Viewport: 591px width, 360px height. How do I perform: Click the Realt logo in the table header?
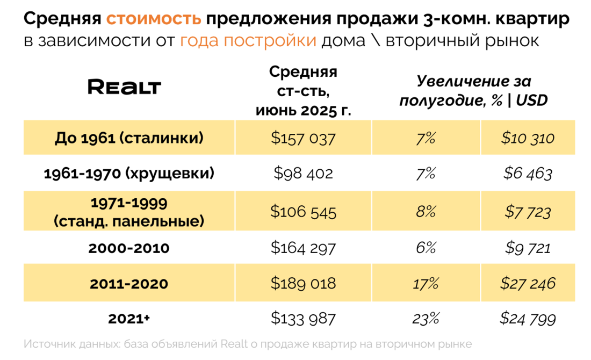point(124,87)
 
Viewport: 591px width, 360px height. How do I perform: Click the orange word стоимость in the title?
point(154,19)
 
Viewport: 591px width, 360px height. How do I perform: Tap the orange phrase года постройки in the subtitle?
point(248,41)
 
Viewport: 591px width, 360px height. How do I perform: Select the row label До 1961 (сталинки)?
point(129,138)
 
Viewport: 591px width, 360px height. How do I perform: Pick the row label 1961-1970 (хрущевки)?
point(129,174)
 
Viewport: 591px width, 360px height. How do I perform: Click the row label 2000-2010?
point(129,248)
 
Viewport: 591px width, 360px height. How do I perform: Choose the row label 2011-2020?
point(129,283)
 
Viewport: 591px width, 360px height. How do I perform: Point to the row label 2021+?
point(129,319)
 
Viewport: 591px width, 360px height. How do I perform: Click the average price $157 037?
point(303,138)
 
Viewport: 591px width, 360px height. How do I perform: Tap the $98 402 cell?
point(303,174)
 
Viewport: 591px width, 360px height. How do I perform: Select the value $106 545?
point(303,212)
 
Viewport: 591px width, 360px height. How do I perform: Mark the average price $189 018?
point(303,283)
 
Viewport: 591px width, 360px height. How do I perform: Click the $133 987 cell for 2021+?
point(303,319)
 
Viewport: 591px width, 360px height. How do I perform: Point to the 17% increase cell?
point(426,283)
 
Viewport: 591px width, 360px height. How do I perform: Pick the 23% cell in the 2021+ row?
point(426,319)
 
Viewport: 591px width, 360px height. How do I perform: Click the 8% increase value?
point(426,212)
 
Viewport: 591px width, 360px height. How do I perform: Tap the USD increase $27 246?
point(528,283)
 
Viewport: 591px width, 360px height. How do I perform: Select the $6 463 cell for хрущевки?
point(528,174)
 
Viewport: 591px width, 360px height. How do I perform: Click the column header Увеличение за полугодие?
point(473,91)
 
